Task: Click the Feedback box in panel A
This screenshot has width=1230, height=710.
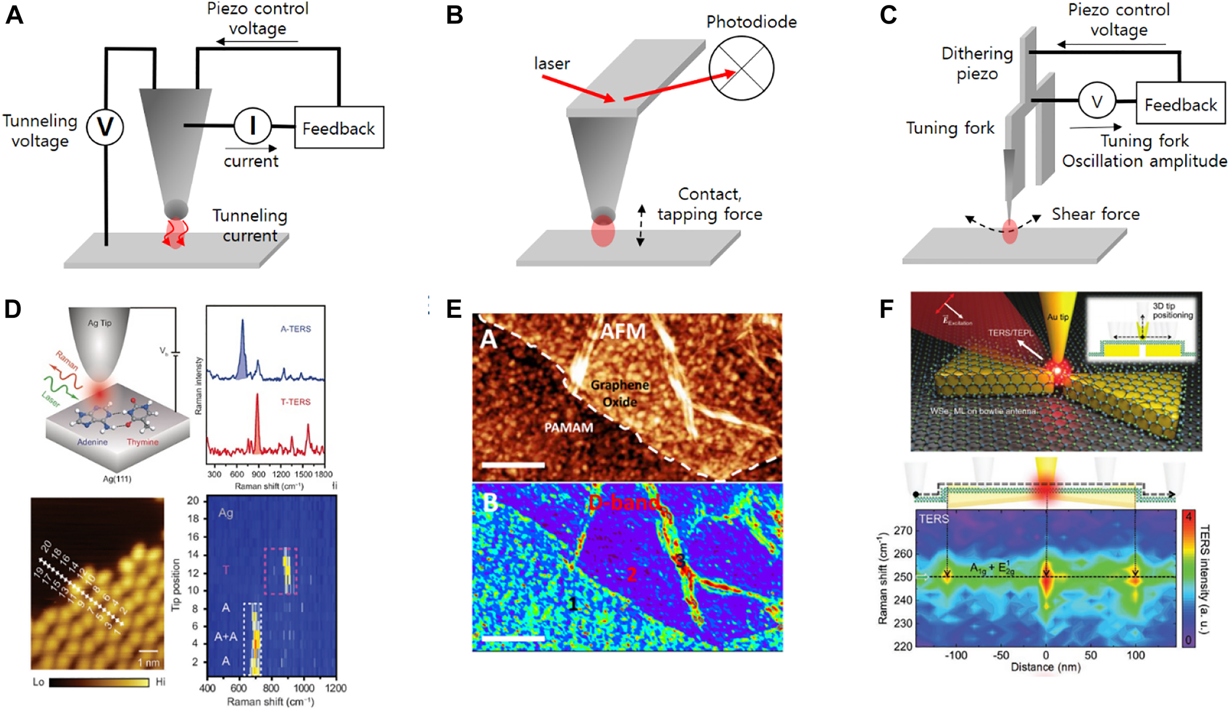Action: [x=339, y=128]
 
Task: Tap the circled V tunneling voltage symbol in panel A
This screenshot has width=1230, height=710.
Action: [x=105, y=127]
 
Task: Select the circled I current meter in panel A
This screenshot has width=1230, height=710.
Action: [x=252, y=125]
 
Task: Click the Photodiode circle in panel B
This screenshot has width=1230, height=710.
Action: [x=741, y=68]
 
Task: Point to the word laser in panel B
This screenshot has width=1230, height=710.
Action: [x=552, y=64]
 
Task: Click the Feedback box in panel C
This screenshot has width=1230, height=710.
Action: [x=1180, y=104]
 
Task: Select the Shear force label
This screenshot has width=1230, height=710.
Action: [x=1095, y=214]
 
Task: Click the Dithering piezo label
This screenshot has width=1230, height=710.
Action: [x=977, y=64]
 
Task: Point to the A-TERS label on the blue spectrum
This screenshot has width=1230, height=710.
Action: [x=296, y=329]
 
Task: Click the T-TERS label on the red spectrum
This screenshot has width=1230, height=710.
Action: [x=296, y=402]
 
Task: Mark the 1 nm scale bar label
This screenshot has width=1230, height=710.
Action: [x=148, y=662]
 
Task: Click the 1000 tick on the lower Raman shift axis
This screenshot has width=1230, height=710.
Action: [x=304, y=688]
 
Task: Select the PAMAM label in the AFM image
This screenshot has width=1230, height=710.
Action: [x=568, y=427]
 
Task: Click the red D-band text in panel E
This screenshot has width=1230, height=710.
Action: [x=623, y=503]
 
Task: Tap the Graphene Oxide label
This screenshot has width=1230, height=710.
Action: [x=620, y=393]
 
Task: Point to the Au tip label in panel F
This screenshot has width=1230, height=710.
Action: [x=1057, y=317]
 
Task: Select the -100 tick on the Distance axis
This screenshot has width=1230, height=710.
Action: [x=955, y=655]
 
